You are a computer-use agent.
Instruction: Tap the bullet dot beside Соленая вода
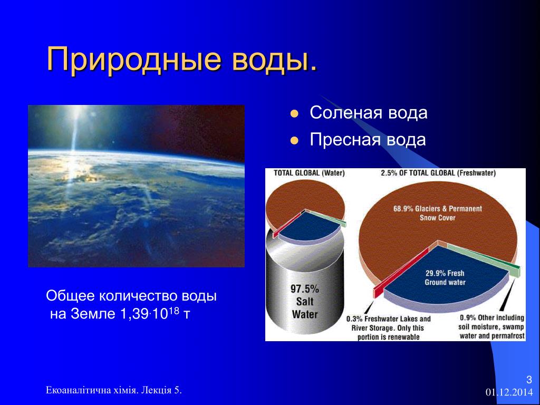tap(294, 114)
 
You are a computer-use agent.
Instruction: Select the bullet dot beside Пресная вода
tap(294, 140)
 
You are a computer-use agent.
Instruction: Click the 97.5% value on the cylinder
tap(305, 288)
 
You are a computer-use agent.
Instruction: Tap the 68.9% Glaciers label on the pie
tap(437, 213)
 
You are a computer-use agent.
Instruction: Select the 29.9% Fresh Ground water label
tap(445, 277)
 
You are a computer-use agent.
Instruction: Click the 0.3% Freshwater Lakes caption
tap(388, 328)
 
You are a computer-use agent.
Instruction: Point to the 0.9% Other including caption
tap(492, 326)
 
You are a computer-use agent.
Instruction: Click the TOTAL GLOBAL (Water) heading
tap(309, 173)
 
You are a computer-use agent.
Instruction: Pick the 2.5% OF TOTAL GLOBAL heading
tap(438, 173)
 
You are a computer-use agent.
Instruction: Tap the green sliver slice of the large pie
tap(484, 259)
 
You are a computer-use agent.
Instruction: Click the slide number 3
tap(529, 380)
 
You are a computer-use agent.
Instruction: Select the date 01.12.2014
tap(509, 392)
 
